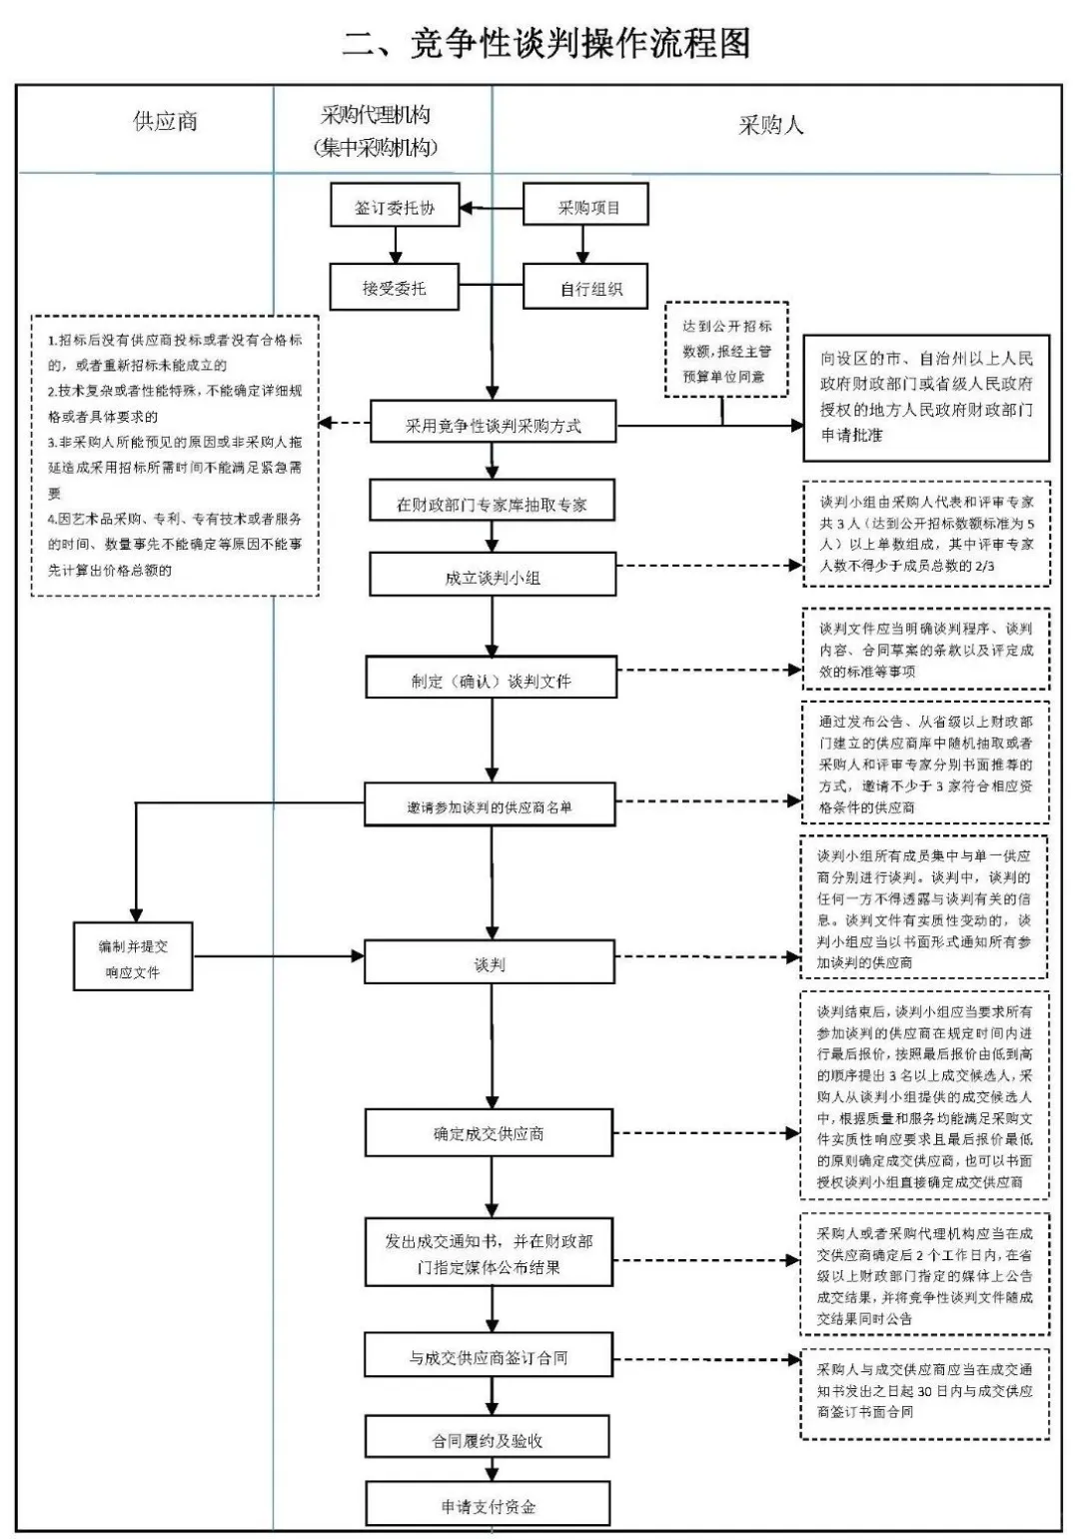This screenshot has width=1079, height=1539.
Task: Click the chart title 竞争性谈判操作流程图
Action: [545, 44]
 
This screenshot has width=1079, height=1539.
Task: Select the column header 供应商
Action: [166, 122]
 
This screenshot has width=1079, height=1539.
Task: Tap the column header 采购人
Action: [770, 126]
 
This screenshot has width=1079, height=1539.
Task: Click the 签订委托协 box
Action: [395, 208]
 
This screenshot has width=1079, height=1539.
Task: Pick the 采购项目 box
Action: [586, 208]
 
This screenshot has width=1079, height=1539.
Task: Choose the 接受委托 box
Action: [394, 288]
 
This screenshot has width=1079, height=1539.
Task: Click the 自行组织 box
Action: [586, 288]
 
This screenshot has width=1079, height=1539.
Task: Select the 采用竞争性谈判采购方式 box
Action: [493, 425]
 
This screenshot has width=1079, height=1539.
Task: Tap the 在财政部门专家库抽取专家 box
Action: [492, 504]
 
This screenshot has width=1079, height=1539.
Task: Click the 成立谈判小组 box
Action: [492, 577]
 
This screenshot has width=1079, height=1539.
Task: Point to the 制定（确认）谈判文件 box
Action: [492, 681]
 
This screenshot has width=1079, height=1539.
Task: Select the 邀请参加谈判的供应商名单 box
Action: [490, 806]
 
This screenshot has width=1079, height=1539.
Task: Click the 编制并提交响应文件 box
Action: [133, 958]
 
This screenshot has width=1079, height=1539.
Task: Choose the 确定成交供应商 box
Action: [489, 1134]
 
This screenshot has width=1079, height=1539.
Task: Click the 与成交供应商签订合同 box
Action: [489, 1357]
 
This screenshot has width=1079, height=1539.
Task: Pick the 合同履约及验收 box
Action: [488, 1440]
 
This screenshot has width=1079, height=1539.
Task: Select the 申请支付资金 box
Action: [488, 1506]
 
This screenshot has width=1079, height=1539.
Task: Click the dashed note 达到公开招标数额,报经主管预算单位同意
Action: [726, 351]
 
